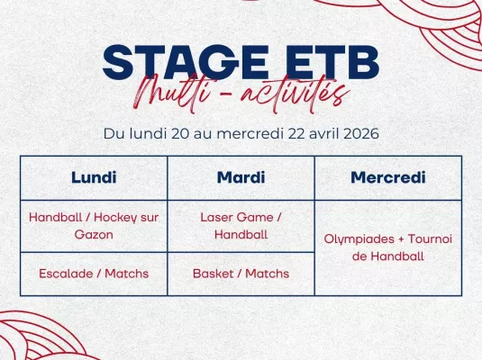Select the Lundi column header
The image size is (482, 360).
(94, 177)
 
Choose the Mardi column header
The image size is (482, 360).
(241, 177)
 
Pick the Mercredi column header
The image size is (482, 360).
(387, 177)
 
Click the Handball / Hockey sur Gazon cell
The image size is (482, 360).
(94, 225)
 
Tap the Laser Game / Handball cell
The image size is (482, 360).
(241, 225)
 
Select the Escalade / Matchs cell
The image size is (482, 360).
(94, 274)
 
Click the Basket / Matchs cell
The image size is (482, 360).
(241, 274)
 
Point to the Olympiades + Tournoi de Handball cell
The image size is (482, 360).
(387, 247)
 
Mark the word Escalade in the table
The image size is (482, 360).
(67, 274)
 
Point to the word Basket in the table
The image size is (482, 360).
(214, 274)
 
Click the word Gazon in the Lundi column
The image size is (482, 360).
(94, 234)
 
